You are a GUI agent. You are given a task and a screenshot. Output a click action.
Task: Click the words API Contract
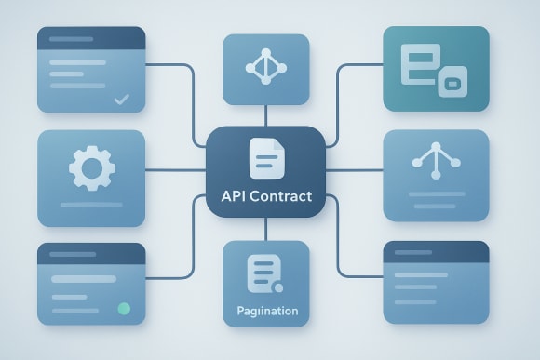[266, 197]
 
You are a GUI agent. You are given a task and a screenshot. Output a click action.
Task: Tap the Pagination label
[266, 311]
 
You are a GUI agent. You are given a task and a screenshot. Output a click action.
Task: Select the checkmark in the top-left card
[121, 98]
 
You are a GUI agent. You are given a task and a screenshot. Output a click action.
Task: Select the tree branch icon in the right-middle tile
[436, 162]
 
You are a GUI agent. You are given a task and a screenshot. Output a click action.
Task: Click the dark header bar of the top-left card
[90, 38]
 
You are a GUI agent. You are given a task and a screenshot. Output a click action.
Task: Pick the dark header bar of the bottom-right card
[436, 251]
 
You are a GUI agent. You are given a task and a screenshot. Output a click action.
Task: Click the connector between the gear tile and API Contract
[176, 171]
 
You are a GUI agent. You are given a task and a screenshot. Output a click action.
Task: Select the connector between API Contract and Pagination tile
[266, 229]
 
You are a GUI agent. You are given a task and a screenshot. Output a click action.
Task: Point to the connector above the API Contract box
[266, 115]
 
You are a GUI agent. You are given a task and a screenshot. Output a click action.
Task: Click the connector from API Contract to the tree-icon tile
[355, 171]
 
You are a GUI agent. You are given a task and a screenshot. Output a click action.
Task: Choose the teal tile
[436, 69]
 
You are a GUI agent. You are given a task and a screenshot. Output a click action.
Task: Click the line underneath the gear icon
[90, 203]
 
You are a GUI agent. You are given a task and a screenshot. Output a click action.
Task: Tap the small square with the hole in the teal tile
[453, 84]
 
